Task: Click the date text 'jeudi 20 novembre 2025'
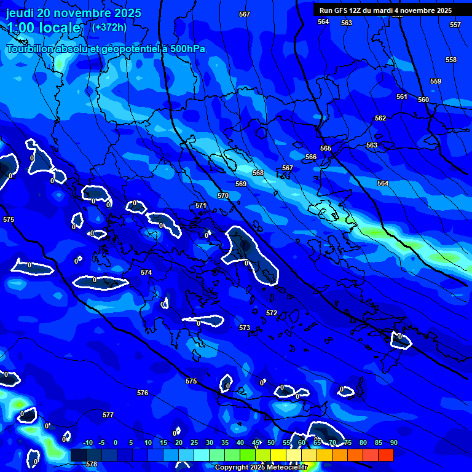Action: point(73,13)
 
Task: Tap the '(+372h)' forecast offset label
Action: point(109,27)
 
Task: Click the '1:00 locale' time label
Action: point(44,28)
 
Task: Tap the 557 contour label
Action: point(455,25)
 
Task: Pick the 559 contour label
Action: point(436,81)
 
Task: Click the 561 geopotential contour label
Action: point(402,96)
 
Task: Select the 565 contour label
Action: point(326,148)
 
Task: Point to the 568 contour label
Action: point(258,173)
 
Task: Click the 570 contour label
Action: point(223,195)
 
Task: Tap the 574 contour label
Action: point(146,272)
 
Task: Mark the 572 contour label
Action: point(272,313)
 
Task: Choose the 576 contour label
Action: point(143,393)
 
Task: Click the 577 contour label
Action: point(108,415)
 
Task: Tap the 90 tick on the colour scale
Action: point(393,442)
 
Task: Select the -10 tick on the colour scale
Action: point(88,442)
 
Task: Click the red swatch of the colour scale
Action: point(385,455)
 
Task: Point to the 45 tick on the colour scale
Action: point(256,442)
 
